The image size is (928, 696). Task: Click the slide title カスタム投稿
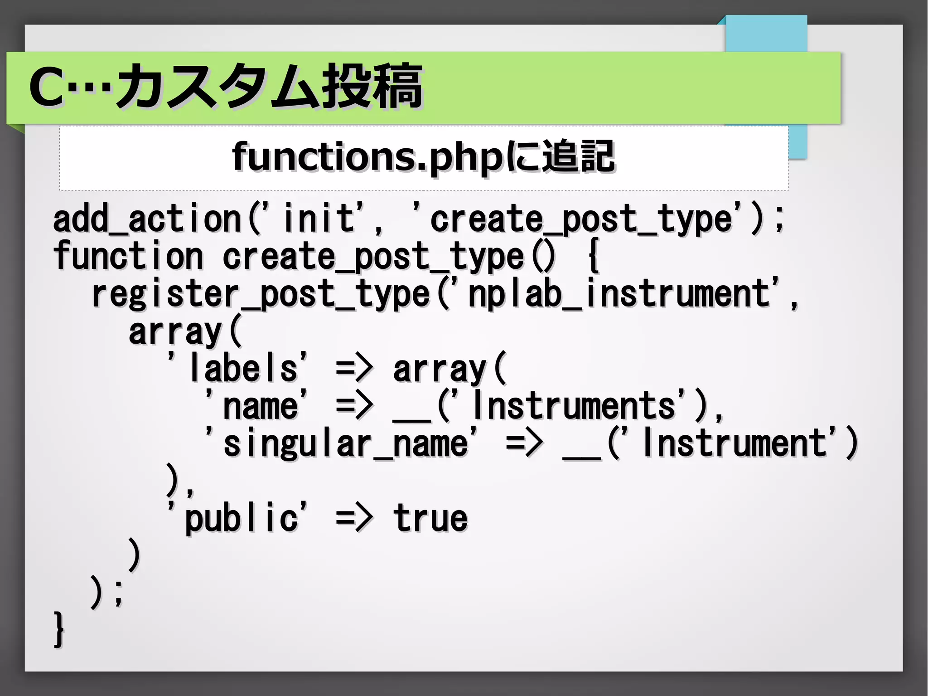[x=270, y=86]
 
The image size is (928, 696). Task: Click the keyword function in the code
[x=128, y=257]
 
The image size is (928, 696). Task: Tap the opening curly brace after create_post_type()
[x=594, y=257]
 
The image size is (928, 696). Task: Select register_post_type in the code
[x=261, y=295]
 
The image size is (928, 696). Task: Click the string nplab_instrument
[x=619, y=294]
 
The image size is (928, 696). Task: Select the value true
[x=430, y=518]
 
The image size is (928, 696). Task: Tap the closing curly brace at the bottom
[x=59, y=629]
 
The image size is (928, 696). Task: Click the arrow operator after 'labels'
[x=354, y=368]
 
